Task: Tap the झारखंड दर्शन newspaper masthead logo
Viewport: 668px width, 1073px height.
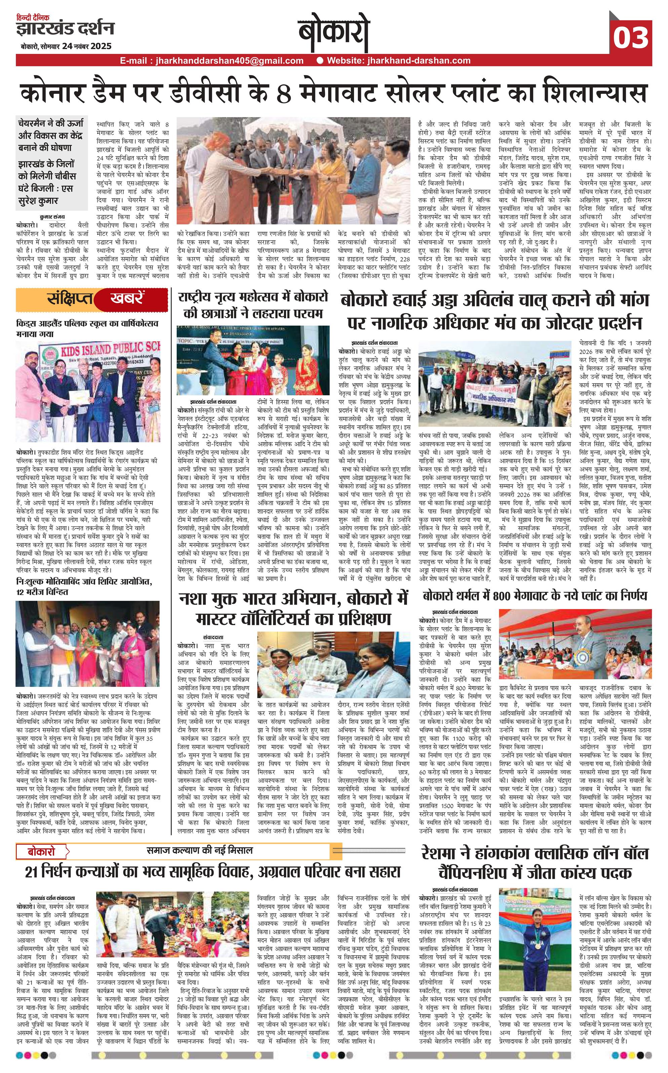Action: tap(65, 29)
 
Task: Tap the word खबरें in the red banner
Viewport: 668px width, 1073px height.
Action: tap(126, 299)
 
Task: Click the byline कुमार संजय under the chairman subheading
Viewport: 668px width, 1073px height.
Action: tap(52, 217)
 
